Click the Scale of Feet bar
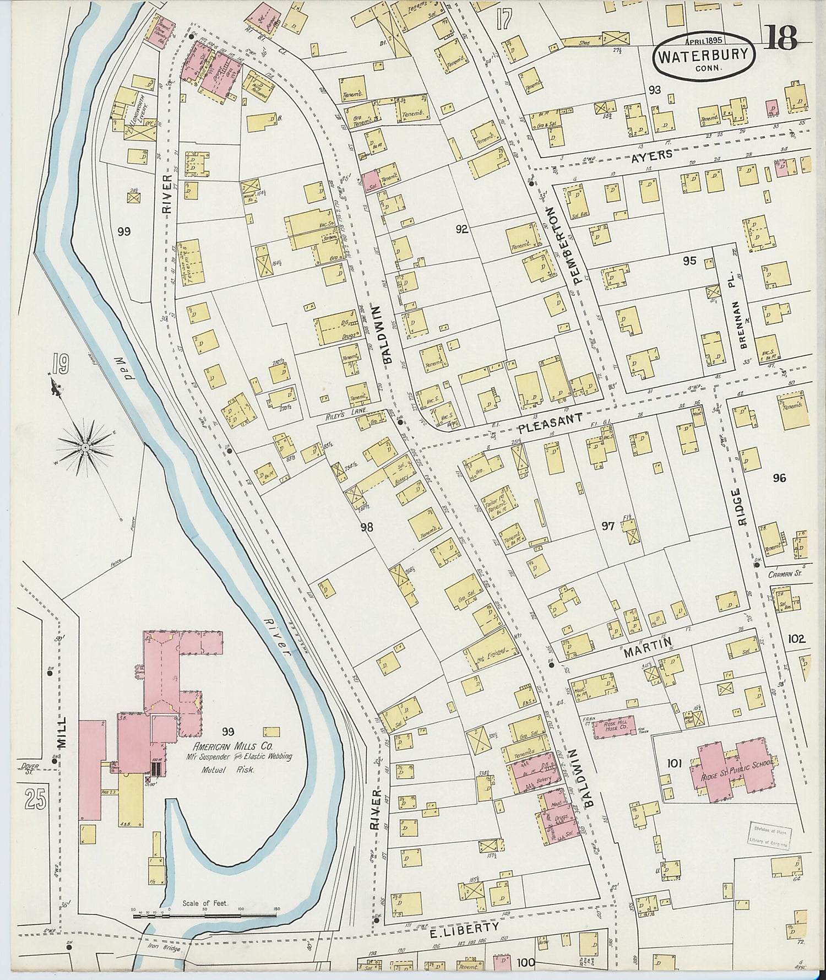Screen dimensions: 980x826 [204, 916]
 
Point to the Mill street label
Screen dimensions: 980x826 [61, 732]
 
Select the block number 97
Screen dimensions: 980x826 [607, 526]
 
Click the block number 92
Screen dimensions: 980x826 [461, 229]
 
